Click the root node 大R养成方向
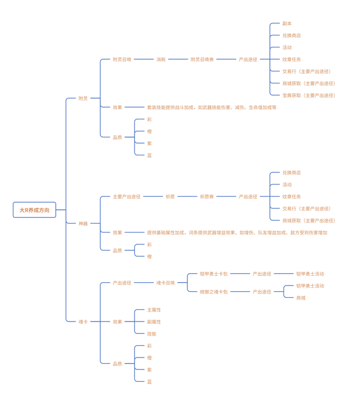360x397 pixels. click(34, 209)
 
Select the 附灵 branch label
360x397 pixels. click(83, 98)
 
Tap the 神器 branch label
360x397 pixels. click(83, 224)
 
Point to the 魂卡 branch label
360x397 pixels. click(83, 322)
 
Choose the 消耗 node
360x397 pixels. click(161, 59)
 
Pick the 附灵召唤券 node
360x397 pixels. click(202, 59)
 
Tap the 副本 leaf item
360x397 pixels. click(287, 24)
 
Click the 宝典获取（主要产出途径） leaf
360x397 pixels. click(309, 95)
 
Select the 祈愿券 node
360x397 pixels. click(206, 197)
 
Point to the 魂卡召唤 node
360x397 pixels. click(165, 283)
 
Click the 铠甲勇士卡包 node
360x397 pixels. click(214, 274)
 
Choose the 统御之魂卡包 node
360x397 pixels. click(214, 292)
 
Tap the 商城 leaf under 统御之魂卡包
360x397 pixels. click(301, 298)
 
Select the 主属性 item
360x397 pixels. click(154, 310)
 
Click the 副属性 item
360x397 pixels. click(154, 322)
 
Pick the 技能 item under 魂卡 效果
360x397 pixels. click(152, 334)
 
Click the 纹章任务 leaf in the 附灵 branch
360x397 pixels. click(291, 59)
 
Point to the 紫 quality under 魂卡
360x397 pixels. click(150, 370)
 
